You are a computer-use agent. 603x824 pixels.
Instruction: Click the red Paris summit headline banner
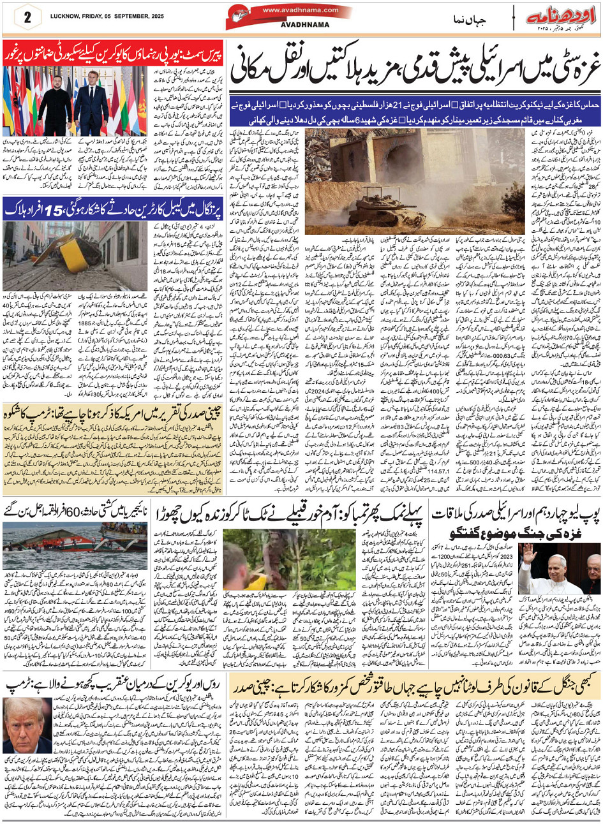(112, 51)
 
